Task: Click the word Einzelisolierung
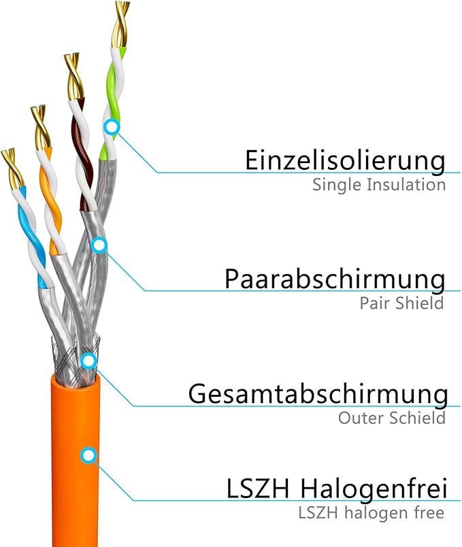[345, 161]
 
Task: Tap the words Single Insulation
[379, 184]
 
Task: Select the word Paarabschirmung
[335, 279]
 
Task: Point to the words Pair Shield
[401, 302]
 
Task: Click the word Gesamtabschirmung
[318, 394]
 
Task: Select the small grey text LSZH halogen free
[372, 512]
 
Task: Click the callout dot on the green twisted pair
[112, 126]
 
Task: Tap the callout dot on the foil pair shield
[99, 245]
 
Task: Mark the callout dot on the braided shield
[88, 360]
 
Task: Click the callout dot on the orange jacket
[88, 455]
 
